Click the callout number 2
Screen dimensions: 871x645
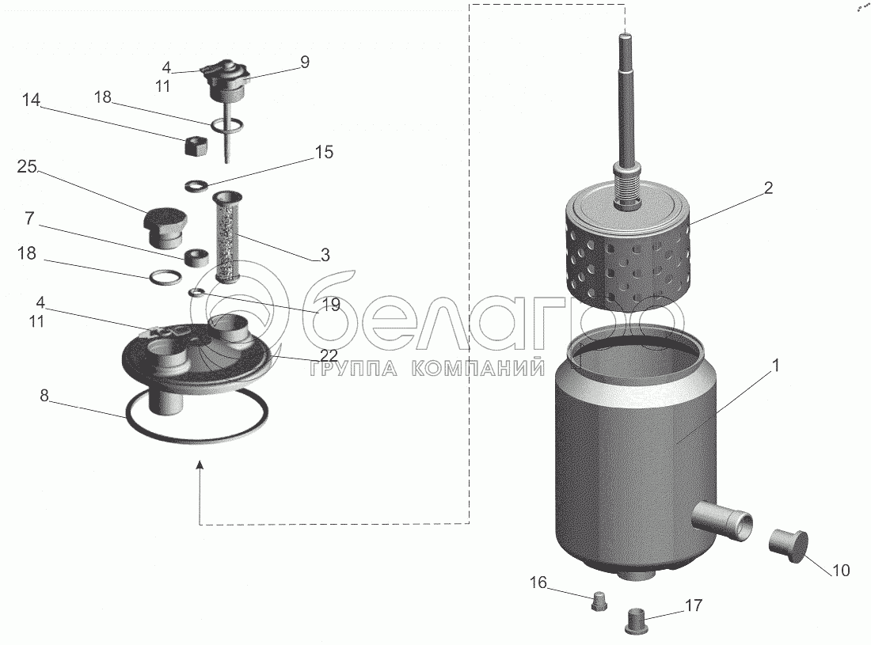click(768, 188)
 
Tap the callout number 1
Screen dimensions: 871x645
click(776, 366)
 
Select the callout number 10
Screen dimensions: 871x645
click(842, 570)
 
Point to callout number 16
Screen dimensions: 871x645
click(538, 582)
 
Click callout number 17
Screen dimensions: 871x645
click(694, 605)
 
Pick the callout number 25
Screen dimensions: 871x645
click(27, 166)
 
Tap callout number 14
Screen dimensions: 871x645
click(31, 100)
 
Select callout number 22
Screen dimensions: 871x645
click(329, 356)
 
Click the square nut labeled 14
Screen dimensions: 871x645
click(196, 148)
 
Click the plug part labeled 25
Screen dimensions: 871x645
click(163, 227)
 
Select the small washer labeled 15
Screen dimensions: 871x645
click(196, 185)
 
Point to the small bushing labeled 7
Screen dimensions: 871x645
click(196, 257)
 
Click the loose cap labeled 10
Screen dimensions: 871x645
click(789, 546)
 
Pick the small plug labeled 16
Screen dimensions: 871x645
click(599, 601)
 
